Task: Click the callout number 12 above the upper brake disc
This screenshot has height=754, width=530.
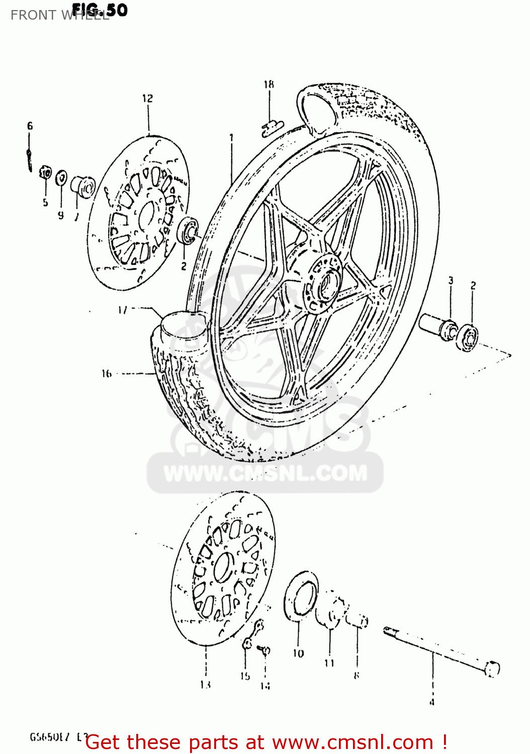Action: click(x=147, y=99)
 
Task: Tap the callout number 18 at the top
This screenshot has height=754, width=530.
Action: click(x=269, y=84)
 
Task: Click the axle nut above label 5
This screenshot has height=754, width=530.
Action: click(x=46, y=174)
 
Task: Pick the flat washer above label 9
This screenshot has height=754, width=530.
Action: click(x=61, y=177)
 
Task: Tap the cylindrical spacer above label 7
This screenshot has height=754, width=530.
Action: click(x=82, y=186)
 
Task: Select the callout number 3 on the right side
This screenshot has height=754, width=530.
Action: click(x=451, y=280)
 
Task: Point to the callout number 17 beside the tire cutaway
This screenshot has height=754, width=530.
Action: click(x=123, y=310)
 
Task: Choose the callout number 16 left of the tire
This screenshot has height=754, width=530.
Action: click(x=107, y=373)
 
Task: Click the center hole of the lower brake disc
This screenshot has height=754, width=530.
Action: click(x=224, y=567)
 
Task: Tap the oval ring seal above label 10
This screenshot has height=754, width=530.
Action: click(x=301, y=597)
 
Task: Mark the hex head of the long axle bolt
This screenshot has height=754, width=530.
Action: click(x=492, y=669)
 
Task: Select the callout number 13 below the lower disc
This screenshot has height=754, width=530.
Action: click(x=205, y=684)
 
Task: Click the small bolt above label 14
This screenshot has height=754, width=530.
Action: click(x=264, y=650)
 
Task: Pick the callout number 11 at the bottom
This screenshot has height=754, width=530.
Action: click(x=329, y=663)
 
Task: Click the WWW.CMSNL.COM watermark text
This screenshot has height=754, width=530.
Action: click(x=265, y=474)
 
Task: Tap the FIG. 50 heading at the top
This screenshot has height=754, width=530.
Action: click(x=100, y=10)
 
